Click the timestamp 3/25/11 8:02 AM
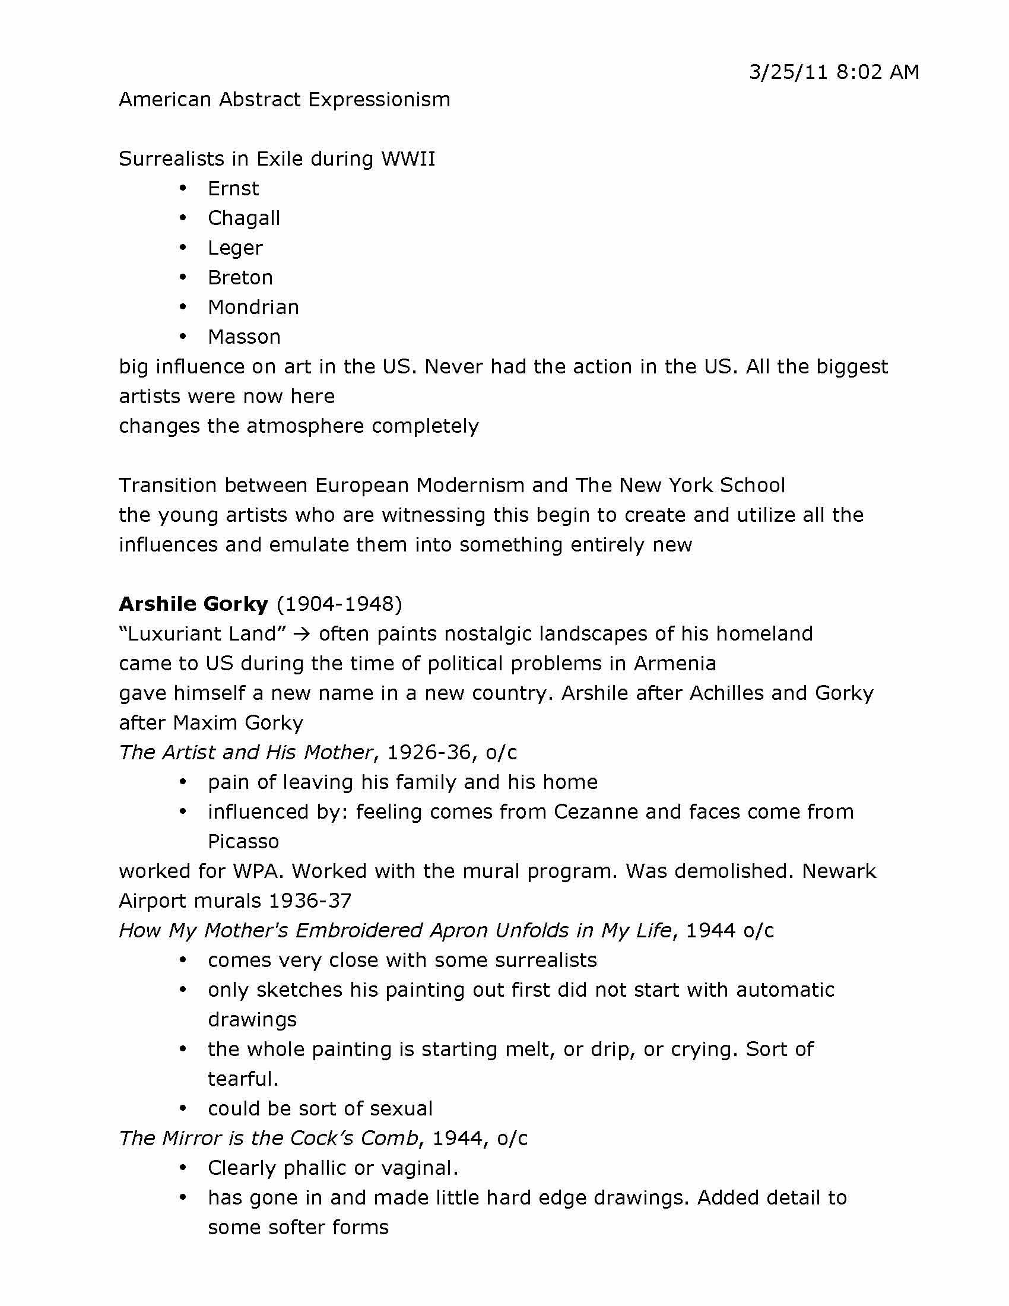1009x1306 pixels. click(834, 72)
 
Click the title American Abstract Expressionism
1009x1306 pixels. click(284, 99)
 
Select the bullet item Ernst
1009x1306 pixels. click(233, 189)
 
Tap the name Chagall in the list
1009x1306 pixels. click(244, 218)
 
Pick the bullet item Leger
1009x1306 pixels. click(235, 248)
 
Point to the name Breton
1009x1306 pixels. click(240, 277)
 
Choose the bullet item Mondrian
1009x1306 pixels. click(253, 308)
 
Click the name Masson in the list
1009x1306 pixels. click(244, 337)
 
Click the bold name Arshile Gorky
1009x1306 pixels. click(193, 604)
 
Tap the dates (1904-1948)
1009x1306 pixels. click(339, 604)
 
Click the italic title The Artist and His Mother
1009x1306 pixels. click(246, 753)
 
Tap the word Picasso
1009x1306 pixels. click(243, 842)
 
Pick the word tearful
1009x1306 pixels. click(243, 1079)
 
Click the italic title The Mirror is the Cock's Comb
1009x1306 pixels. click(268, 1139)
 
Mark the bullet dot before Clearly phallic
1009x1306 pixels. click(183, 1168)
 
